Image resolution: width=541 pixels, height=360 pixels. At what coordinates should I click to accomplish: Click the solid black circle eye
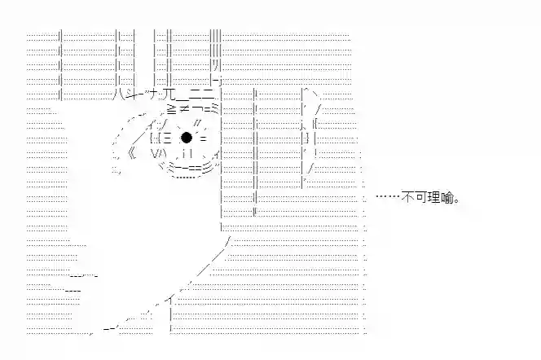(x=187, y=138)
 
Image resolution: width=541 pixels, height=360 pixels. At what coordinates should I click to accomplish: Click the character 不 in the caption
(x=407, y=198)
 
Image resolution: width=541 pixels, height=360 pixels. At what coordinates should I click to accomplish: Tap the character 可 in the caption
(x=420, y=198)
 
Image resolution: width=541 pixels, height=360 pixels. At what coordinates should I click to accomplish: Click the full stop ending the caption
(x=456, y=200)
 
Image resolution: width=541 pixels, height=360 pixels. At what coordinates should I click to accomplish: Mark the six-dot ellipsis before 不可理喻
(x=388, y=197)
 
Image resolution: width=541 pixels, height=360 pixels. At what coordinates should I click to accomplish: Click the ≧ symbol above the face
(x=172, y=109)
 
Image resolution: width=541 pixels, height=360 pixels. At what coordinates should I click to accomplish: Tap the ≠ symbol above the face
(x=185, y=109)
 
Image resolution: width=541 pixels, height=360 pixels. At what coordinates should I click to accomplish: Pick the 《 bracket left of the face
(x=132, y=153)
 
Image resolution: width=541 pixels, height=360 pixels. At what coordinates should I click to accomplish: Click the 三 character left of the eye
(x=166, y=138)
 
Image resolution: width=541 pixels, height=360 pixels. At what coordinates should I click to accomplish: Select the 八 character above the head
(x=117, y=94)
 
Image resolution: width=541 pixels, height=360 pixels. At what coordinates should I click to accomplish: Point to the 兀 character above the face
(x=168, y=94)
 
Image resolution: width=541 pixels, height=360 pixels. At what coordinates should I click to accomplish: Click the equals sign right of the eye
(x=203, y=139)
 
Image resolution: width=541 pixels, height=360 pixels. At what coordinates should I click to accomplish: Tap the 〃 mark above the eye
(x=197, y=124)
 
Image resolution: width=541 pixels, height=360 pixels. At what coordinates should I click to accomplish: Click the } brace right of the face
(x=306, y=138)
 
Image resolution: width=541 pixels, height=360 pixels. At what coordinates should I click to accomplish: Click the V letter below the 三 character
(x=154, y=153)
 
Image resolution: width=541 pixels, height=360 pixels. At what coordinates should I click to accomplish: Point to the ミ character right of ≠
(x=215, y=109)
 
